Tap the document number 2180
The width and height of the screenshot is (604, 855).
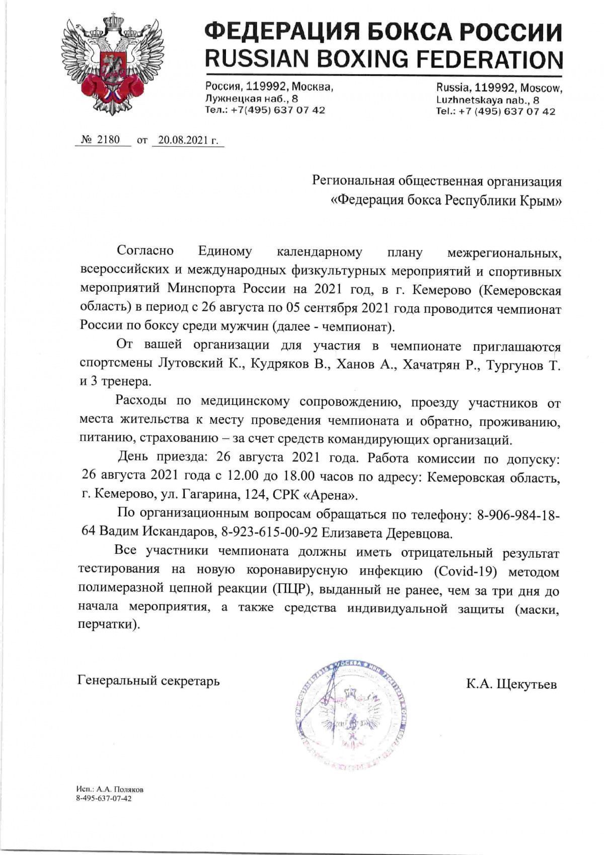(x=109, y=140)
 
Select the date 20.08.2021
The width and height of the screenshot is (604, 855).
(x=183, y=140)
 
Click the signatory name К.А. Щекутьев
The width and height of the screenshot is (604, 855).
(x=511, y=684)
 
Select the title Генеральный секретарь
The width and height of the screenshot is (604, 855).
(x=149, y=681)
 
